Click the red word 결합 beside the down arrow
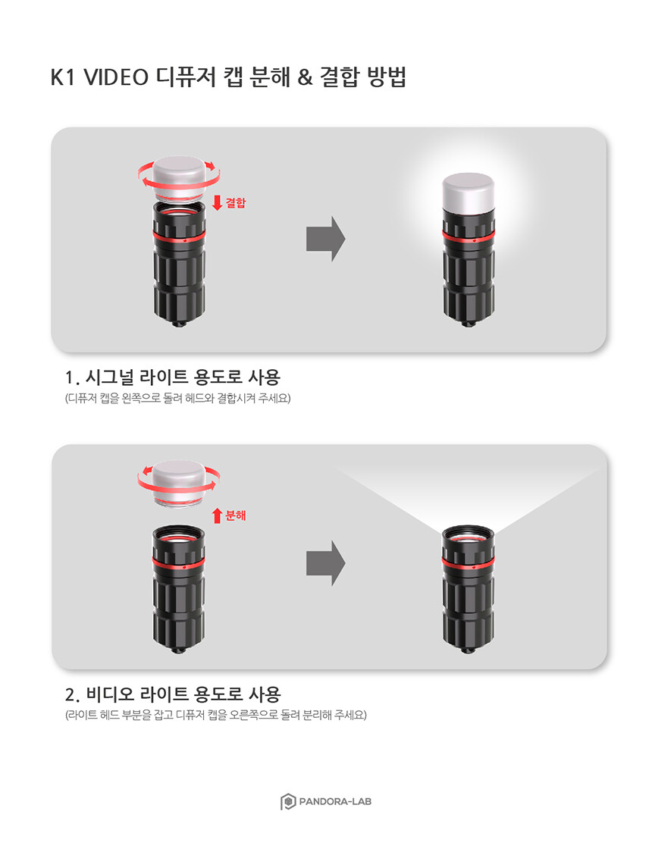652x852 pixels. (x=236, y=202)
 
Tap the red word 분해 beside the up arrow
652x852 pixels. (x=236, y=515)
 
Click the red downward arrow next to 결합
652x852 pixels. (x=218, y=202)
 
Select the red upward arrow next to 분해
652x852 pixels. (x=218, y=515)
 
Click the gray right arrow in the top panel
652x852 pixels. (x=325, y=239)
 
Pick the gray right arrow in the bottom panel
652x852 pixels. (x=325, y=563)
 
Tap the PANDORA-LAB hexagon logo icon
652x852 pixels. (x=288, y=801)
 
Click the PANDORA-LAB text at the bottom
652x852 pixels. (x=335, y=801)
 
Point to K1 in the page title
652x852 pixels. (x=62, y=77)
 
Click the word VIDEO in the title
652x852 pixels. (x=116, y=77)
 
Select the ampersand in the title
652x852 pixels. (x=306, y=77)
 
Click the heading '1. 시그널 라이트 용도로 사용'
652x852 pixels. (x=173, y=377)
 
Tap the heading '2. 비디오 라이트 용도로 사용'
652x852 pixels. (x=173, y=694)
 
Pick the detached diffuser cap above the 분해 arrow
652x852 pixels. (x=179, y=484)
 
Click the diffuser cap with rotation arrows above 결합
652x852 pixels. (x=179, y=179)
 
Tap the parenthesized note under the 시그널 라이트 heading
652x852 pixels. (x=177, y=398)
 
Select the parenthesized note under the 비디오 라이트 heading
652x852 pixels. (x=216, y=715)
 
